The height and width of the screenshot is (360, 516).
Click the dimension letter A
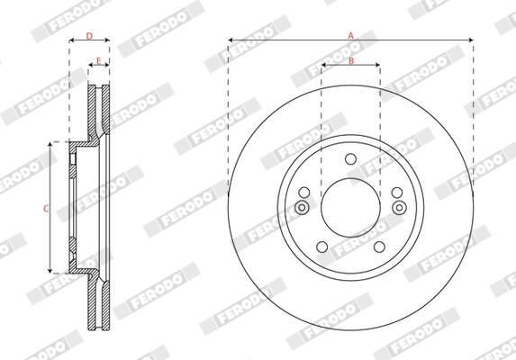click(350, 34)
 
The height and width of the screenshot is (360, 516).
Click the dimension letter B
click(351, 60)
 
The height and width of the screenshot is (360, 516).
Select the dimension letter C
click(45, 208)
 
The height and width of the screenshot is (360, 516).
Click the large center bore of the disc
click(349, 208)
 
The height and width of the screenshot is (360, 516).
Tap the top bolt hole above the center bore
click(349, 162)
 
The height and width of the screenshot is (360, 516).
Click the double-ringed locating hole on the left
click(303, 208)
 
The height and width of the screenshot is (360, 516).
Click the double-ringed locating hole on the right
click(397, 208)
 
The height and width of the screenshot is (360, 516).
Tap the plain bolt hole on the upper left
click(304, 192)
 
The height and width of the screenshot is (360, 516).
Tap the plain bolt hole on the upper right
click(396, 192)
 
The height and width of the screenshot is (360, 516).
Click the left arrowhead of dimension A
click(231, 40)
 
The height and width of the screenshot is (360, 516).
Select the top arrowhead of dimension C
click(50, 145)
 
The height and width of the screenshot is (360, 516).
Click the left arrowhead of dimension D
click(72, 41)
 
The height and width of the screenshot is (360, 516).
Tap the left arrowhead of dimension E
click(90, 67)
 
